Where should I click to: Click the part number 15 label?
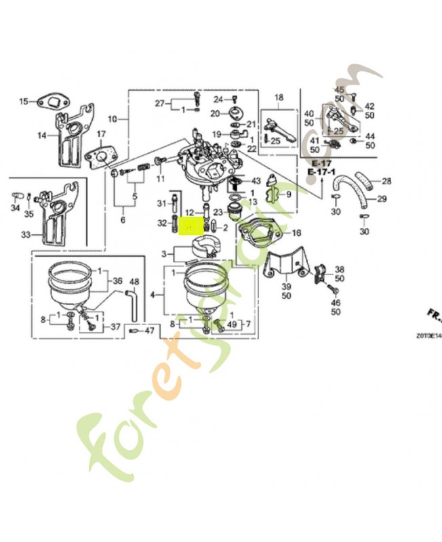(x=24, y=102)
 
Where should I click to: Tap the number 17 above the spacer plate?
(x=101, y=133)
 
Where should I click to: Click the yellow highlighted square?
(x=192, y=224)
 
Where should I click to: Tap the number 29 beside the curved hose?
(x=382, y=199)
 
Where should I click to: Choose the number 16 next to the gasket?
(x=296, y=233)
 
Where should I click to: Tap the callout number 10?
(x=113, y=119)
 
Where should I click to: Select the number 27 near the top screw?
(x=159, y=104)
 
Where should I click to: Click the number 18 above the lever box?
(x=279, y=98)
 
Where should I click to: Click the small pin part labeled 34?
(x=14, y=196)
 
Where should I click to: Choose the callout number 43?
(x=256, y=181)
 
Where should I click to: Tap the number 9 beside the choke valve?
(x=288, y=194)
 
